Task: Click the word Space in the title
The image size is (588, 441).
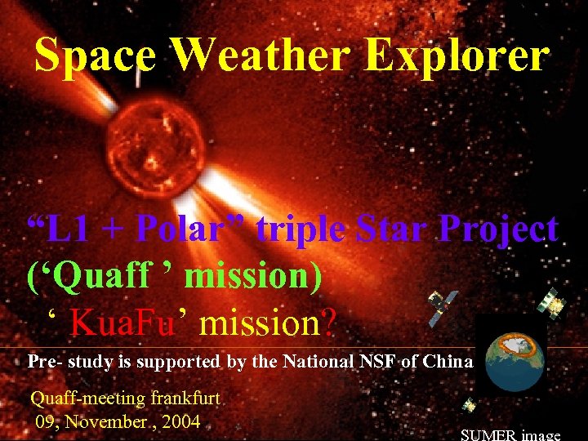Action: (x=95, y=56)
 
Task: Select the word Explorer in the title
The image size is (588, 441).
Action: (x=458, y=56)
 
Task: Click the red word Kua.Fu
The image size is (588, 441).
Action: (x=123, y=324)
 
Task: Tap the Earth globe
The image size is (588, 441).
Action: (x=514, y=360)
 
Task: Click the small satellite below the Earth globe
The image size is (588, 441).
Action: (x=470, y=406)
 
